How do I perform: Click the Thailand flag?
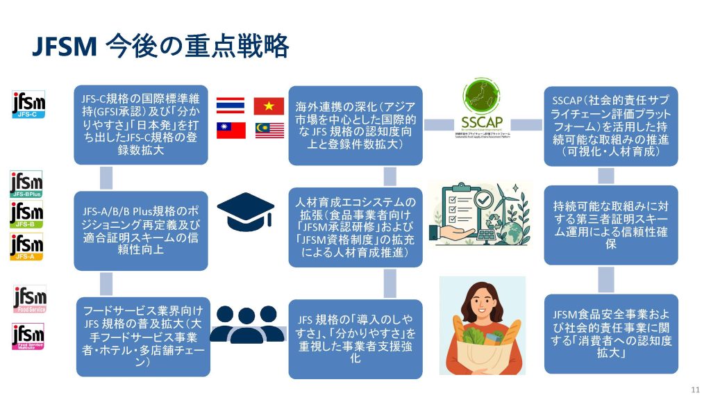coord(230,105)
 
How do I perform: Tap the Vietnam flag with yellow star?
coord(268,105)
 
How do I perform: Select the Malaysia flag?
coord(268,130)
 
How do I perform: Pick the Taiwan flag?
coord(230,130)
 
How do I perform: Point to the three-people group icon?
coord(247,324)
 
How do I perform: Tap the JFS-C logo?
coord(29,105)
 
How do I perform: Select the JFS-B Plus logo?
coord(26,185)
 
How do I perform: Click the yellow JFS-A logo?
coord(26,247)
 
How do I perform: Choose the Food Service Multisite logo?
coord(29,337)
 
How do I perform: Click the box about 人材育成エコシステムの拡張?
coord(355,226)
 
